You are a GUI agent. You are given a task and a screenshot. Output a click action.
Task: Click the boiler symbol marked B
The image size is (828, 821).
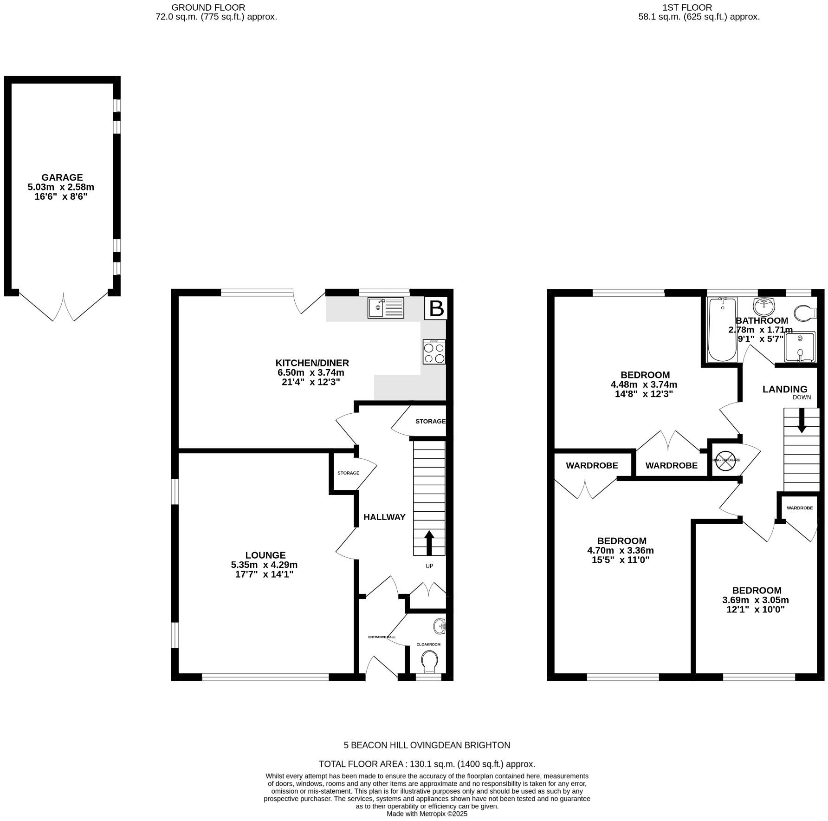click(436, 308)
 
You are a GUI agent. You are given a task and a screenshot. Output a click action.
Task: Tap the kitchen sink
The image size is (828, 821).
click(386, 307)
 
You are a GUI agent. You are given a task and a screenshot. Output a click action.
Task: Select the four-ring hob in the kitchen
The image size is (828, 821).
click(434, 352)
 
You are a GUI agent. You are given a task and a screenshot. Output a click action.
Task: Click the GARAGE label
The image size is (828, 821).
click(62, 177)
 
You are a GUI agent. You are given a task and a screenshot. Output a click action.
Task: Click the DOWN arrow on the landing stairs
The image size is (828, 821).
click(802, 425)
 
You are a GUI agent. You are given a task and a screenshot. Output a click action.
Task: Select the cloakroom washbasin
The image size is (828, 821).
click(439, 627)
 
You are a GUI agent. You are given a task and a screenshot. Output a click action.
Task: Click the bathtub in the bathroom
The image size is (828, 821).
click(722, 330)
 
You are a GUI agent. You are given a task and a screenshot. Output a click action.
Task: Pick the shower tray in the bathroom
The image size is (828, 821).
click(800, 346)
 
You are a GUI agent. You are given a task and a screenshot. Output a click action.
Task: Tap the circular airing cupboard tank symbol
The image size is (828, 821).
click(723, 461)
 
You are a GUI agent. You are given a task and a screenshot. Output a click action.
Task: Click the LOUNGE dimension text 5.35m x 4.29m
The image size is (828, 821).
click(264, 565)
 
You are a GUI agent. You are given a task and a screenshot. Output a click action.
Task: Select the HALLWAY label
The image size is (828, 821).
click(384, 517)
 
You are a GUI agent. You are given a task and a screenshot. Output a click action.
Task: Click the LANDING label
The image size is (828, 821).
click(785, 389)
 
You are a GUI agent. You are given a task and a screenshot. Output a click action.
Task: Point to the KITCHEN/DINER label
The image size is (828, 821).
click(312, 363)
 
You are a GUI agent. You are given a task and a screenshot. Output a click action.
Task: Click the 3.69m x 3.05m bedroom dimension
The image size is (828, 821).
click(756, 600)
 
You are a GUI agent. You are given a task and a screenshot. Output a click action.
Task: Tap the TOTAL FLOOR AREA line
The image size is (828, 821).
click(427, 764)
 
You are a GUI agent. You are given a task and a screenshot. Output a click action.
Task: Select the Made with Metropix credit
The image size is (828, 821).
click(427, 814)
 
